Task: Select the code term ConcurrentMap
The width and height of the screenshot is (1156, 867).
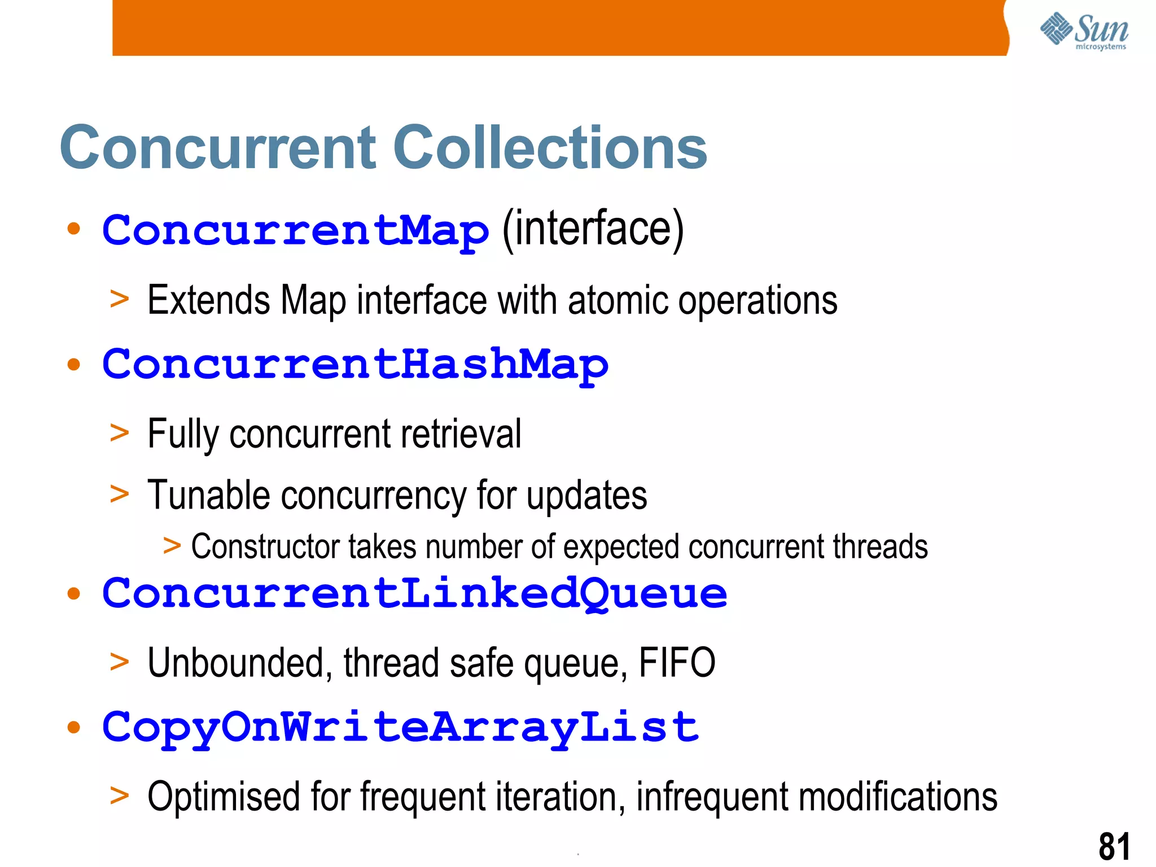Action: [x=295, y=231]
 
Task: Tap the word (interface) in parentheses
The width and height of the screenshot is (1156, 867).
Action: [x=592, y=229]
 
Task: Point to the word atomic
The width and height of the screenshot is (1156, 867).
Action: [x=618, y=300]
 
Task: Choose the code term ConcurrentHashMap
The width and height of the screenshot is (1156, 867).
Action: [x=355, y=365]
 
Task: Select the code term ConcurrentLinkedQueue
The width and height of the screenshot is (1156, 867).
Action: [x=414, y=594]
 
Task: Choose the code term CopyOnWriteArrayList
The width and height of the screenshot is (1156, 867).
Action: [x=400, y=728]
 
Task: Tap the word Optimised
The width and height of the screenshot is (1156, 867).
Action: [x=223, y=797]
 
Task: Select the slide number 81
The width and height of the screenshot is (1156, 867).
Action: [x=1114, y=847]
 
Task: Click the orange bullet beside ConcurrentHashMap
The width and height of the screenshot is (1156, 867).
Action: [x=73, y=365]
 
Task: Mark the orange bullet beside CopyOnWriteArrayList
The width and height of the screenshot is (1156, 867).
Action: [x=73, y=727]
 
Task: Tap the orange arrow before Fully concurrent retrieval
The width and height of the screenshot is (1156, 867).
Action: [x=119, y=433]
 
